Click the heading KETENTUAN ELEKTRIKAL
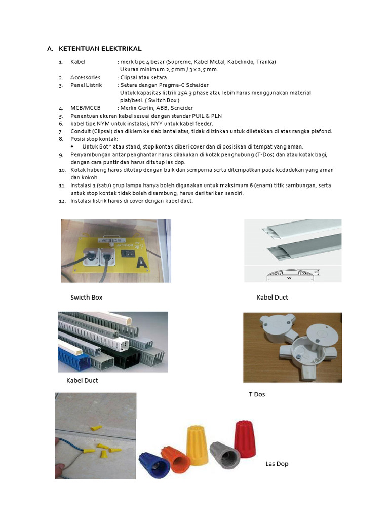[x=100, y=49]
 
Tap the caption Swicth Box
[x=87, y=298]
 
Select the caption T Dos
[x=257, y=394]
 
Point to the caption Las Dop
[x=277, y=464]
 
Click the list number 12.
[x=61, y=201]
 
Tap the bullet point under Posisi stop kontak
[x=74, y=146]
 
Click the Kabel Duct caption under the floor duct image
[x=272, y=298]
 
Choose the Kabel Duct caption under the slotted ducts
[x=82, y=381]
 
